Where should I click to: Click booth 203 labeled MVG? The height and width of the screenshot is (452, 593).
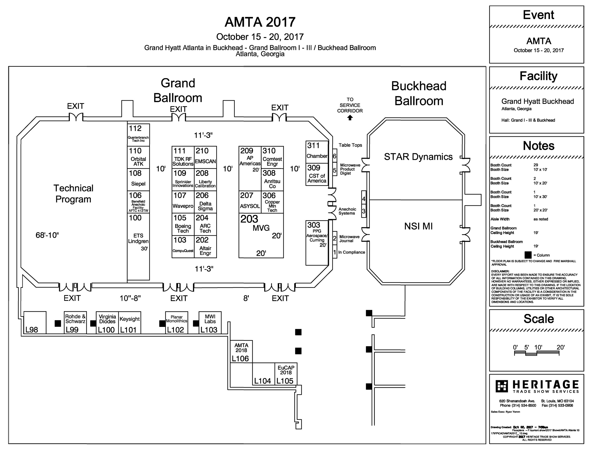click(261, 235)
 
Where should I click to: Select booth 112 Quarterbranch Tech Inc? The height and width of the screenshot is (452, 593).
click(138, 135)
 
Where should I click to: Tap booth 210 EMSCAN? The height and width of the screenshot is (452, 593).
click(205, 158)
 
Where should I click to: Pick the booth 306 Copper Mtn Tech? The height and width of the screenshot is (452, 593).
click(272, 202)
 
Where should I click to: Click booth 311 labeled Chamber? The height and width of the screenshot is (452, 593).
click(317, 152)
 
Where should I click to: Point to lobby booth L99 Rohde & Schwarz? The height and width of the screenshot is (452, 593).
click(75, 323)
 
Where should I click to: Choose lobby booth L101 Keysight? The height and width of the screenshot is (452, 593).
click(130, 323)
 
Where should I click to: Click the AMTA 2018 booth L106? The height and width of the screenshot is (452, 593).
click(241, 351)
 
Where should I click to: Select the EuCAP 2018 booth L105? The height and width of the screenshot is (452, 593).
click(286, 374)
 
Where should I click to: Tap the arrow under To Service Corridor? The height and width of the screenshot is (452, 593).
click(350, 118)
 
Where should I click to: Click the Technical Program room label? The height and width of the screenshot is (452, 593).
click(73, 194)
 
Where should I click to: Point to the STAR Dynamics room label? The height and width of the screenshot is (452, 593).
click(418, 157)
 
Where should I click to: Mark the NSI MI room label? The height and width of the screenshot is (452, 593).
click(418, 226)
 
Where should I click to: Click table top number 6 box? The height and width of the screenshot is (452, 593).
click(335, 156)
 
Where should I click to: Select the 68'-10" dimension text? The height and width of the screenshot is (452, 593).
click(47, 235)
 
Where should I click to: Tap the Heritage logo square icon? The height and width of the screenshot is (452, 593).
click(502, 386)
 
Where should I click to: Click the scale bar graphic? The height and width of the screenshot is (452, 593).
click(537, 354)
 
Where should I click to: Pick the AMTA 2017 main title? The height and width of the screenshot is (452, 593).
click(260, 22)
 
